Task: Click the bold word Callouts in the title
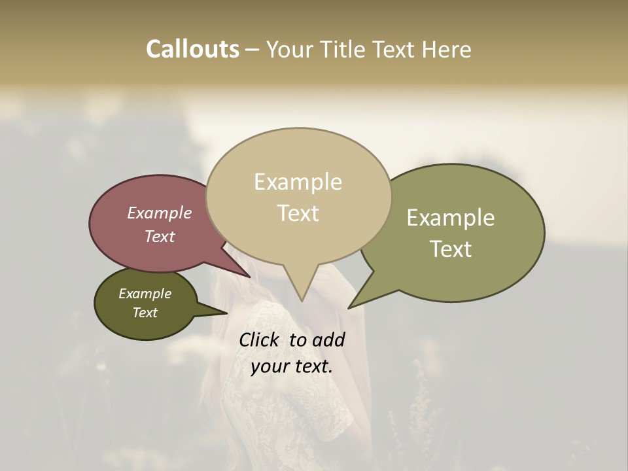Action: [x=192, y=49]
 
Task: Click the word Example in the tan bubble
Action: [x=298, y=182]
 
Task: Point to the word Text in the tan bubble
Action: [x=298, y=213]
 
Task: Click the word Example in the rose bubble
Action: [x=159, y=213]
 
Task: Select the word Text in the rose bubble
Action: [x=160, y=236]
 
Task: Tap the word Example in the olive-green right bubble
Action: [x=451, y=218]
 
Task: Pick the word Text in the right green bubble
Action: [x=451, y=249]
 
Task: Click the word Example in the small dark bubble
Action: [x=145, y=294]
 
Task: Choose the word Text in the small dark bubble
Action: [x=145, y=313]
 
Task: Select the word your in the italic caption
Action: [x=269, y=366]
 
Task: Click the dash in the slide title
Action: [x=253, y=50]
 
